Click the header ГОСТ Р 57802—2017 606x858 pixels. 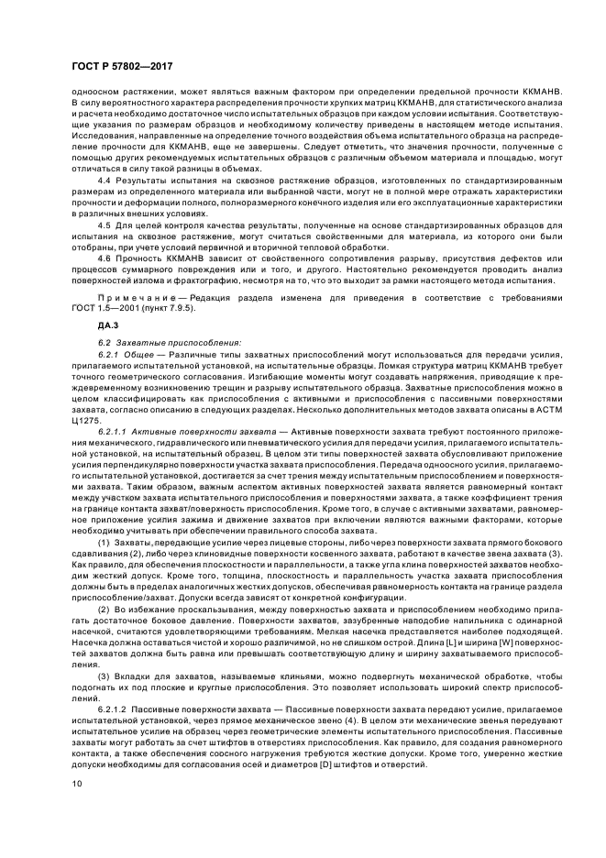click(122, 68)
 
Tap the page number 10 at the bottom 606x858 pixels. click(77, 783)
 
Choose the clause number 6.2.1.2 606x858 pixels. click(113, 709)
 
